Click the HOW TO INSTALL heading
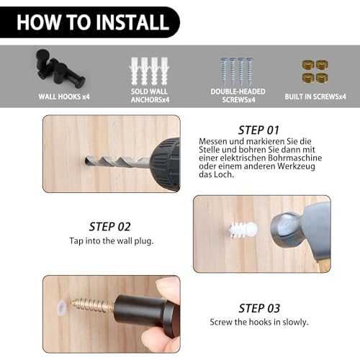click(x=93, y=22)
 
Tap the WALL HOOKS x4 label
click(x=64, y=96)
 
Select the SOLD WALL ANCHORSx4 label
click(x=150, y=95)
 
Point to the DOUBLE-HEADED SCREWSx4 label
click(x=238, y=95)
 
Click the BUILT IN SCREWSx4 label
click(x=315, y=96)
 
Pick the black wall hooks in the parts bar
click(x=59, y=68)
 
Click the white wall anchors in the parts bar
click(x=149, y=71)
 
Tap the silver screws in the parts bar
click(x=237, y=71)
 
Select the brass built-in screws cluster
click(x=315, y=71)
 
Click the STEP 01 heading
click(x=258, y=130)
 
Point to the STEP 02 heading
click(x=110, y=227)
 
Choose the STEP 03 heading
click(x=259, y=308)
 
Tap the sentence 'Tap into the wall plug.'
click(x=112, y=240)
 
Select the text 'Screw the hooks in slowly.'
click(x=259, y=322)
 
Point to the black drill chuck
click(x=166, y=164)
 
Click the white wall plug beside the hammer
click(x=243, y=230)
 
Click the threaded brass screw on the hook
click(x=92, y=305)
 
